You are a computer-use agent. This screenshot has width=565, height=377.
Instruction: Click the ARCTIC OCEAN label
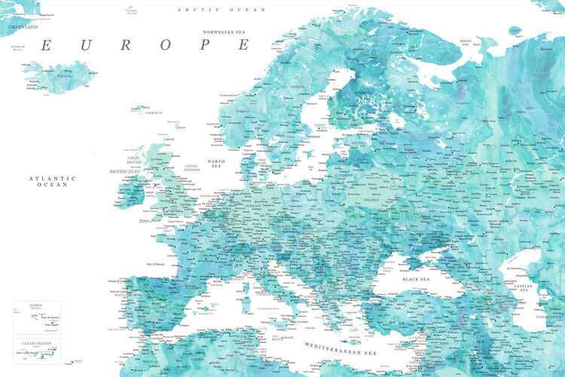coord(221,10)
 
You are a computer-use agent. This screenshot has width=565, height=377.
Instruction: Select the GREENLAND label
coord(23,26)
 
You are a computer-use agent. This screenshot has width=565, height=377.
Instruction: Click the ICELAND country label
coord(62,76)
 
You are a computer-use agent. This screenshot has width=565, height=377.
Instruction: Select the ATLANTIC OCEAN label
coord(53,181)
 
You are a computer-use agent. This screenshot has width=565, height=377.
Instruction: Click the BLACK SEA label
coord(415,279)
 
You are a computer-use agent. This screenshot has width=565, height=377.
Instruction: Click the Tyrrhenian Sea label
coord(265,308)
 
